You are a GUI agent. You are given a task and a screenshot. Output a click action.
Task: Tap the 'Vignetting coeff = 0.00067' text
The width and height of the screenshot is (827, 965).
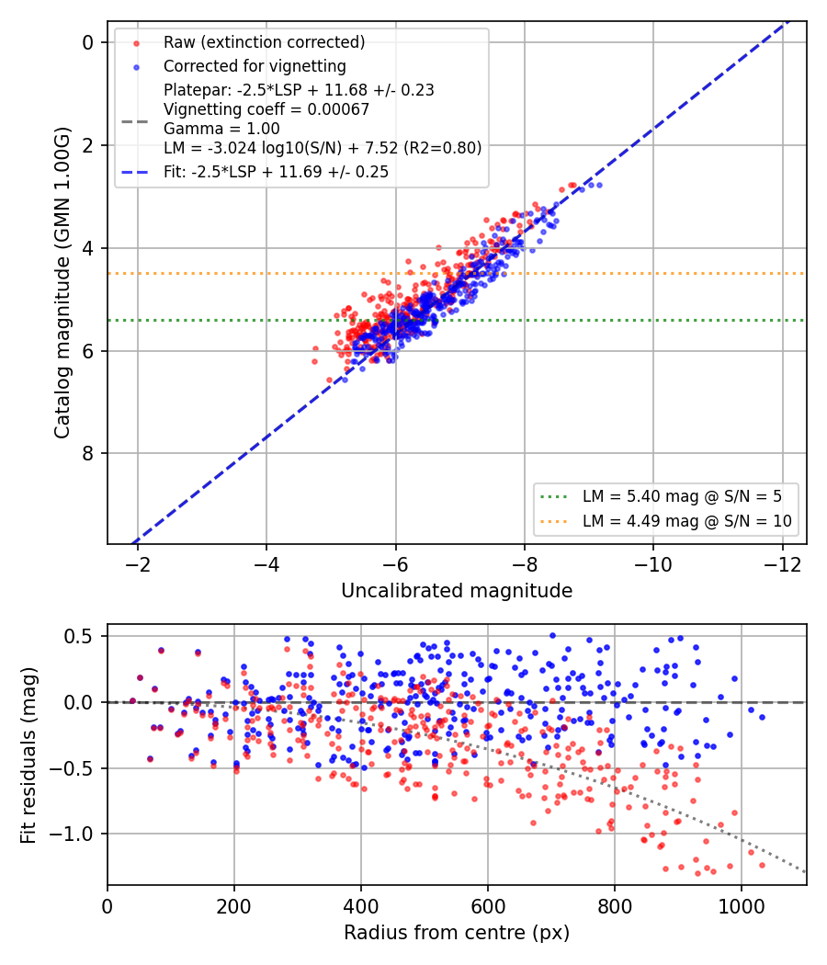[x=266, y=109]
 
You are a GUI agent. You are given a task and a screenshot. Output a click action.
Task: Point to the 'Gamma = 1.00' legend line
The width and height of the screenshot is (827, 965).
[x=221, y=129]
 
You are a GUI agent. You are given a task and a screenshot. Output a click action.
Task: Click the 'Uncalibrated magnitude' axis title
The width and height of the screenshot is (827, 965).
[x=457, y=591]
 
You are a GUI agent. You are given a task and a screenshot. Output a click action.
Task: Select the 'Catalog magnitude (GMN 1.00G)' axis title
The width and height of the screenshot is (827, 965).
[x=62, y=283]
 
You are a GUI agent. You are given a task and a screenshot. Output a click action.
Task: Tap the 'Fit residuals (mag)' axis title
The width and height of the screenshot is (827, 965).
[x=28, y=755]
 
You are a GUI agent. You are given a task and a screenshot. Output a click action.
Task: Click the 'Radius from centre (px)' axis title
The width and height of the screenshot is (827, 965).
[x=457, y=933]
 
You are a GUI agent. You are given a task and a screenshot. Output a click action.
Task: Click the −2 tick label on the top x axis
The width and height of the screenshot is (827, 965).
[x=138, y=564]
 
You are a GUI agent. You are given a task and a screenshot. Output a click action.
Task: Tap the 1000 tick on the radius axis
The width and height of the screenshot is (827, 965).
[x=742, y=906]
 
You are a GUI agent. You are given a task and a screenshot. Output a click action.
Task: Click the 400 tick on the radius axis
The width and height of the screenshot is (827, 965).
[x=360, y=906]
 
